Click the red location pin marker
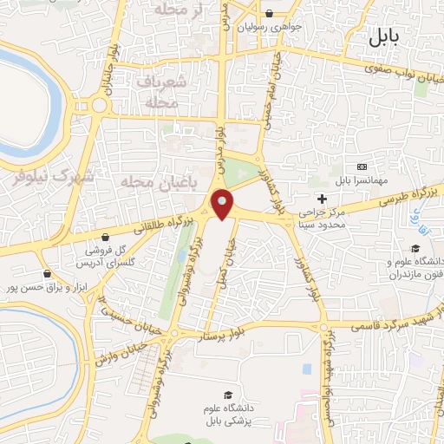coord(223,204)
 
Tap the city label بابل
coord(382,36)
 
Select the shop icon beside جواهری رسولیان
coord(270,14)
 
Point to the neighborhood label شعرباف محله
coord(162,91)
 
